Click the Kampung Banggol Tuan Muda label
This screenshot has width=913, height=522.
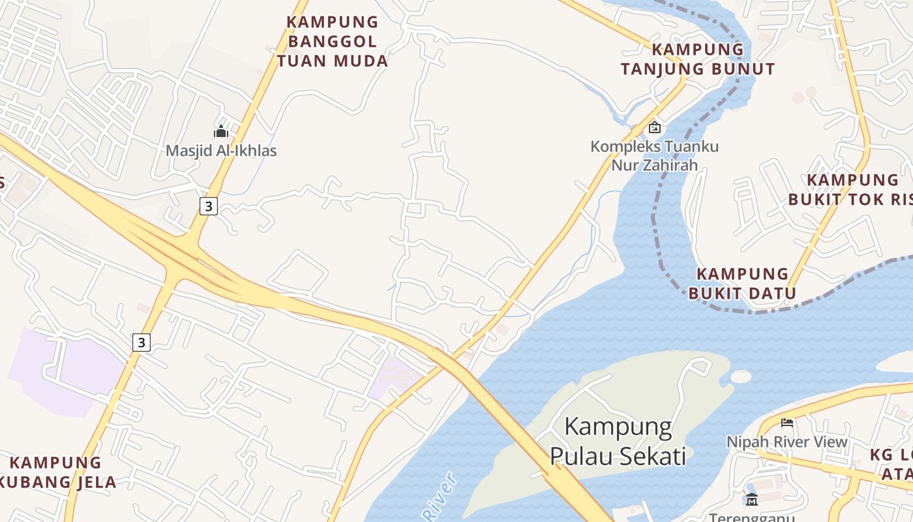pos(333,42)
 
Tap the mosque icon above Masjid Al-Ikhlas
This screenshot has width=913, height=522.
pos(221,131)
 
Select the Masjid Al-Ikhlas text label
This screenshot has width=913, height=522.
pos(221,151)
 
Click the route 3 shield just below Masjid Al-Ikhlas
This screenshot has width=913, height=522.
pos(208,206)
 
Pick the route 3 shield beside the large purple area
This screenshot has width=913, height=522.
pos(142,342)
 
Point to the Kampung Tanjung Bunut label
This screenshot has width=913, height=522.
pos(698,59)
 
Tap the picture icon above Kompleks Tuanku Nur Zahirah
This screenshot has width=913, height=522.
pos(654,127)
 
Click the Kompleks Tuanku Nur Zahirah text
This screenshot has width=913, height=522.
pos(655,155)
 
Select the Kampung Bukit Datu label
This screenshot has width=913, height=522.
pos(743,283)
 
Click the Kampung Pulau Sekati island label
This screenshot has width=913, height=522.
pos(618,441)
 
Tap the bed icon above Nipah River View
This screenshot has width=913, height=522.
pos(787,423)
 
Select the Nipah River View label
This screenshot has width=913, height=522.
pos(787,442)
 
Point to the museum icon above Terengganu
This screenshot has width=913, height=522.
pos(752,500)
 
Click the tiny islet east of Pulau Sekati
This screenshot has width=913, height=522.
pos(741,376)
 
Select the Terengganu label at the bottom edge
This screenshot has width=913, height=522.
pos(752,517)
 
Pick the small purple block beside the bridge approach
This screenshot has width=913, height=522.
pos(395,378)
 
